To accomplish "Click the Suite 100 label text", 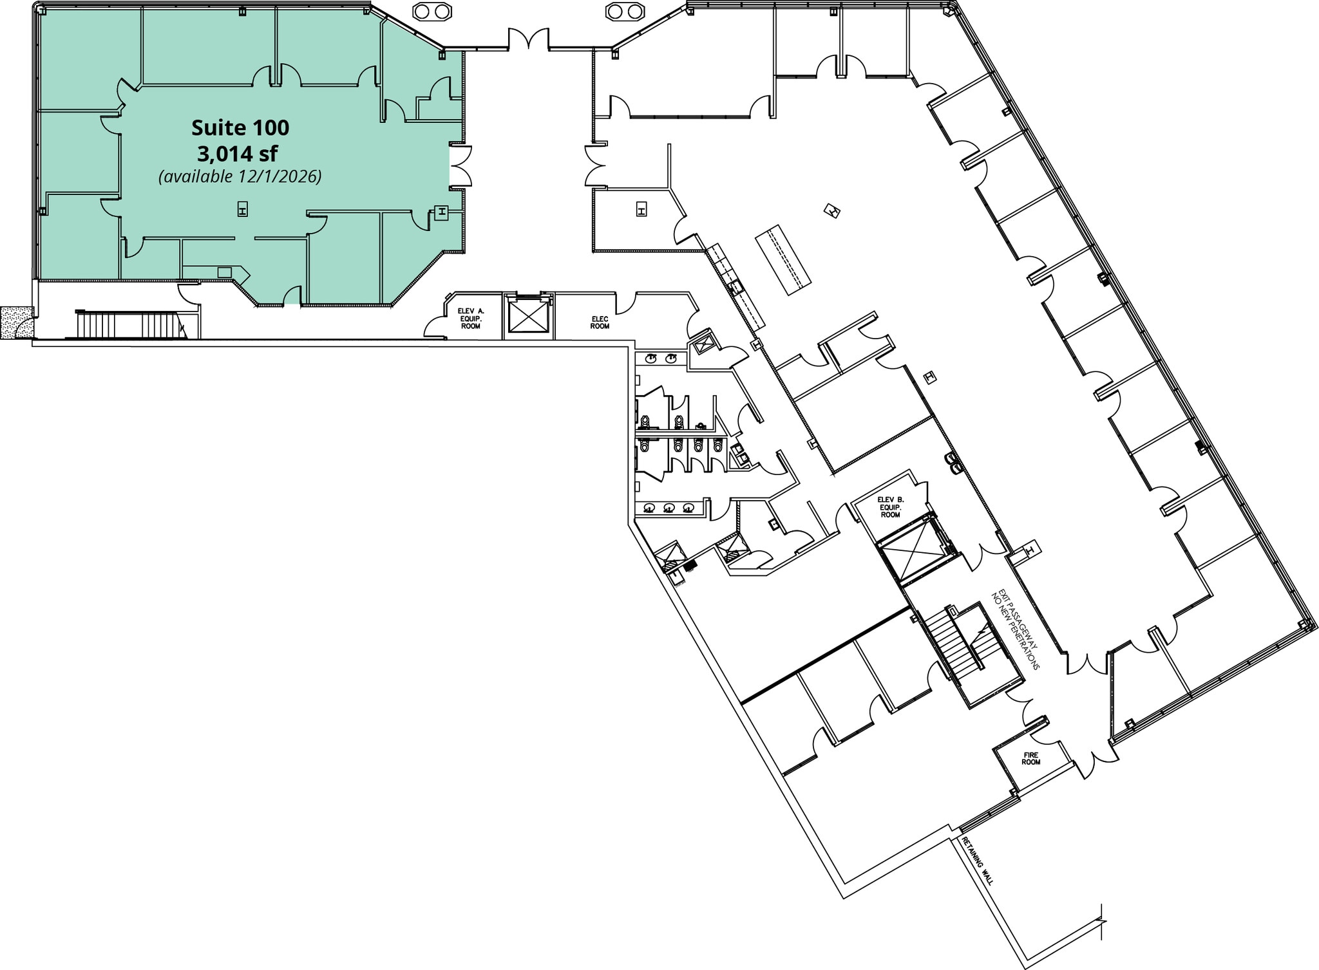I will (240, 128).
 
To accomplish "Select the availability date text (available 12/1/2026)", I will (240, 176).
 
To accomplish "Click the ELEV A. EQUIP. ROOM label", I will (471, 319).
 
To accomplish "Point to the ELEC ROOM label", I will (600, 322).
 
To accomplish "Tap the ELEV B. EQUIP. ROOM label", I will (891, 507).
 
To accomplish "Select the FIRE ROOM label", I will (1031, 758).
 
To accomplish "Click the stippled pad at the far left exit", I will (15, 322).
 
